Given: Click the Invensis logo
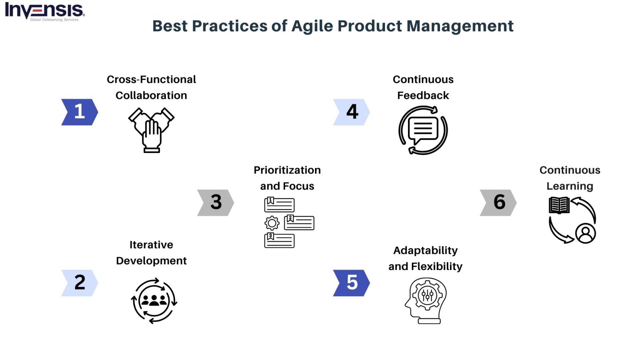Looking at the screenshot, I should pos(44,11).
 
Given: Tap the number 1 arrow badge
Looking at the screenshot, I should pos(79,112).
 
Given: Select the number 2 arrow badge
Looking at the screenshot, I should pos(79,283).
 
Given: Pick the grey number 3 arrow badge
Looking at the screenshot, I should pos(215,202).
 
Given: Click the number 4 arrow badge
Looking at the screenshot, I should pos(351,112).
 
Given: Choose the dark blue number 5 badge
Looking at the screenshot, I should pos(351,283).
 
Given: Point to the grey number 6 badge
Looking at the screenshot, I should pos(498,202).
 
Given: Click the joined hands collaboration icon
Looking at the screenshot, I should pos(151,130).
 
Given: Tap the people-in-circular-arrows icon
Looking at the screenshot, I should pos(154,300).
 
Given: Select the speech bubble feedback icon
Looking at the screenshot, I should pos(423,130).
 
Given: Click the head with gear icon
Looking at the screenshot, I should pos(425,300).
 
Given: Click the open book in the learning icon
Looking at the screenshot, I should pos(559,205).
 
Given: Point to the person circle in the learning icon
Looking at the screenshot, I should pos(585,233).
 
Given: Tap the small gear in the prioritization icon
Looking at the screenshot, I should pos(272,223).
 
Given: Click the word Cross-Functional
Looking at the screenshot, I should pos(151,80).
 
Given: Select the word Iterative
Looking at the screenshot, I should pos(151,245).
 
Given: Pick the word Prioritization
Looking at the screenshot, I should pos(287,170).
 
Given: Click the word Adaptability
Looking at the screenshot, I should pos(425,251).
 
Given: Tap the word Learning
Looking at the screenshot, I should pos(570,186).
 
